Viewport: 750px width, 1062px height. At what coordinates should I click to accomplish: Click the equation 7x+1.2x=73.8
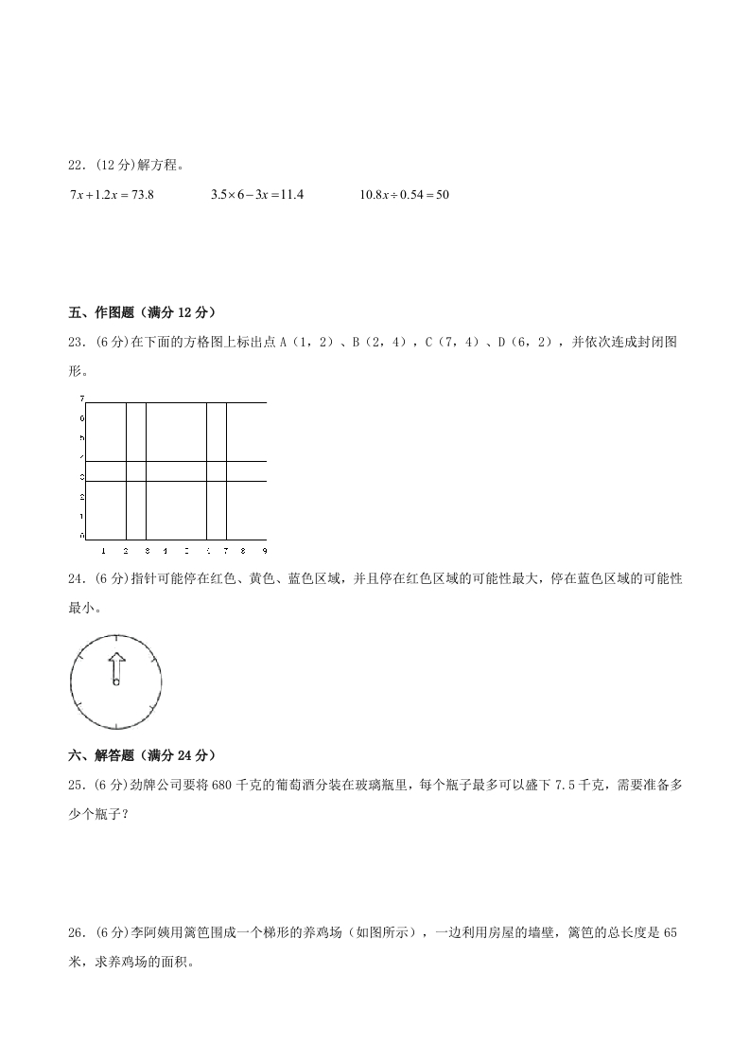pos(112,194)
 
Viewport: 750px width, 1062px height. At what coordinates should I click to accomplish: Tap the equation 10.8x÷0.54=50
pos(404,194)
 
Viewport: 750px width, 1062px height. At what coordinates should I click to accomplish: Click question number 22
pos(78,165)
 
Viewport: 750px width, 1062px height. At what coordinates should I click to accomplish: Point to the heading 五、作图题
pos(106,311)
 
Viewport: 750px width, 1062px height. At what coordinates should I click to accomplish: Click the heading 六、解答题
pos(106,754)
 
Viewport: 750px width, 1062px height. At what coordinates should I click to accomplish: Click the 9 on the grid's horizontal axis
pos(264,550)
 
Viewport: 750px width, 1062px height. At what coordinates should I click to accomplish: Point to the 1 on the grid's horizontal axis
pos(106,550)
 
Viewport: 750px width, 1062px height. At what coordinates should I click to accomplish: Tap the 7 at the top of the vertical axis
pos(82,398)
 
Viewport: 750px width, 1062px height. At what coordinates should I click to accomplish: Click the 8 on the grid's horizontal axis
pos(244,550)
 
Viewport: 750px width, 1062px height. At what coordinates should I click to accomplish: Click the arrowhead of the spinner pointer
pos(115,659)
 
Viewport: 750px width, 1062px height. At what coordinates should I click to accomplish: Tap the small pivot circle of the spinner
pos(115,681)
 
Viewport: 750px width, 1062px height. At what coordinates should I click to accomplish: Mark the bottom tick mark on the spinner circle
pos(115,724)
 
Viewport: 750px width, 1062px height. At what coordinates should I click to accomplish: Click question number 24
pos(78,578)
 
